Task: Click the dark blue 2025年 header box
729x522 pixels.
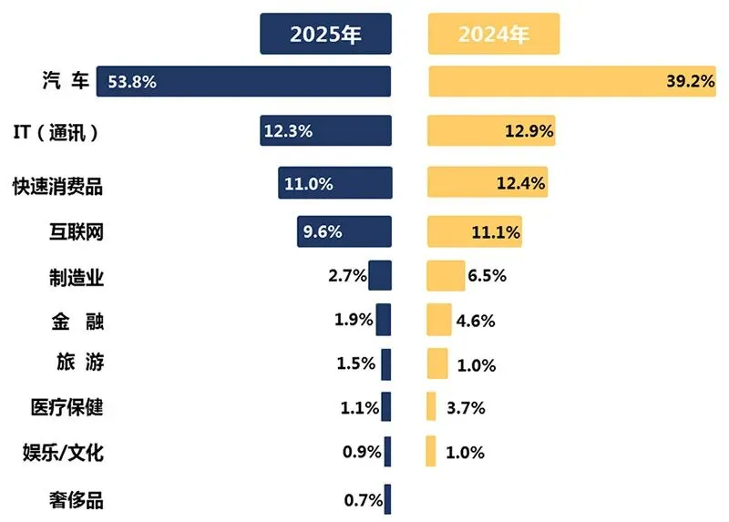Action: [325, 34]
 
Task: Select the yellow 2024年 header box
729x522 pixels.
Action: [494, 34]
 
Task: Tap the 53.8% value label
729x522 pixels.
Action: [132, 82]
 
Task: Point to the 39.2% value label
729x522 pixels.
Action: [691, 81]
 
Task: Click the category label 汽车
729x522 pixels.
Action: [66, 80]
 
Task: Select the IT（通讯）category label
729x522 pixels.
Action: [56, 132]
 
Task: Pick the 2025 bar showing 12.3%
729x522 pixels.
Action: [325, 130]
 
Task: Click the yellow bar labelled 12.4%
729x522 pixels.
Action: [488, 182]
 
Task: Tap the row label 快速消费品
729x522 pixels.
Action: [57, 187]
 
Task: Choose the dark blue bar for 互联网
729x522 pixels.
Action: [344, 231]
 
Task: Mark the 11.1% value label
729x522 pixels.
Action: [496, 232]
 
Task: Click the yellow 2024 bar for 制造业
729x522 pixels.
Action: [446, 276]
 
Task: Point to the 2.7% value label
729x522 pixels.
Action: [347, 276]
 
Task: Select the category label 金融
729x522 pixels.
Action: [77, 322]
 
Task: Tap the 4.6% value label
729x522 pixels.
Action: [475, 321]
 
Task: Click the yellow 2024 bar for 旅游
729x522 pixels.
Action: [437, 363]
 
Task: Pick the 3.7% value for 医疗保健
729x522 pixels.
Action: [466, 408]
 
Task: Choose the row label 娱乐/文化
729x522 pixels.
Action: [63, 452]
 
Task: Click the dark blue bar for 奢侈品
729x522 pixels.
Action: [388, 499]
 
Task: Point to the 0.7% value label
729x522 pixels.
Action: [363, 500]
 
